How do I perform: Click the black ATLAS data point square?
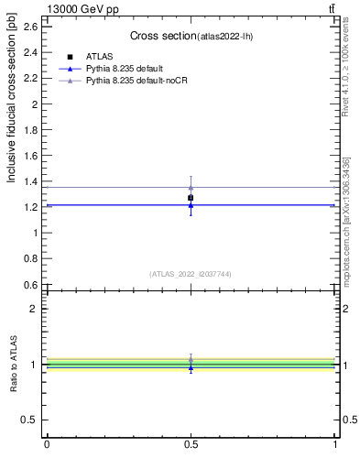(191, 198)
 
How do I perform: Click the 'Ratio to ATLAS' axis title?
(13, 365)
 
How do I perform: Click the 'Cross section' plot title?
(162, 36)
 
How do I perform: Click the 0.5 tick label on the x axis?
(191, 446)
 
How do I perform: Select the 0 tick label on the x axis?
(47, 446)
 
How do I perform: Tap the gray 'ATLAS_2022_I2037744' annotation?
(191, 274)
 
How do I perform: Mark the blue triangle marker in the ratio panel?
(191, 367)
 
